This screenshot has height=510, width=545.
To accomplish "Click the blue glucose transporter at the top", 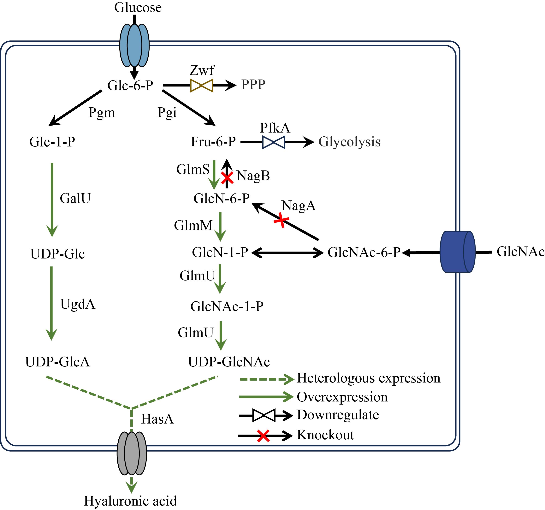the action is (x=134, y=45).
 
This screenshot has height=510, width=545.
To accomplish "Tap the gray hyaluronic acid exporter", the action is (x=132, y=454).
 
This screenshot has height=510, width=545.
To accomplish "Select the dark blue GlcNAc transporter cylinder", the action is (x=458, y=252).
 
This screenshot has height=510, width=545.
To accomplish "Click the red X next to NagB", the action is (x=227, y=178).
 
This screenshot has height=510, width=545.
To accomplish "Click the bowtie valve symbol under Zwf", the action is (x=201, y=86).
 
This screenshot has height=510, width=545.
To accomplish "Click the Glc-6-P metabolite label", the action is (x=130, y=85).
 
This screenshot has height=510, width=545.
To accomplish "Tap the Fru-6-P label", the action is (x=213, y=142).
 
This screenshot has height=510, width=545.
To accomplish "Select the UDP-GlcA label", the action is (x=58, y=362).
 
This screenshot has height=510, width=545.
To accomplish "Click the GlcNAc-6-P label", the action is (x=364, y=252).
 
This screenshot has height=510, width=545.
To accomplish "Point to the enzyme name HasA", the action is (x=157, y=419).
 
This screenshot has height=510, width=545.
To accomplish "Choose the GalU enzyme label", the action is (x=75, y=198).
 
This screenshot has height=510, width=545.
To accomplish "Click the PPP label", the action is (x=253, y=85).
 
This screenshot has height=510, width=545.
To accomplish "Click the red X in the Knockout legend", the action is (x=263, y=436).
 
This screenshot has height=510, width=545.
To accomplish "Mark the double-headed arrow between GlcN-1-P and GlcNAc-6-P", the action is (x=287, y=252).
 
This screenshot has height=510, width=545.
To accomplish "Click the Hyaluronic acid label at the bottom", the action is (x=130, y=501).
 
